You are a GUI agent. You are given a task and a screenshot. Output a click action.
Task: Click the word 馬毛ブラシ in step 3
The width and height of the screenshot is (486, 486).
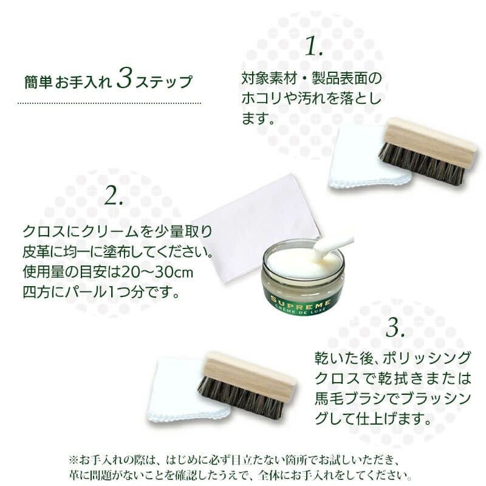[346, 400]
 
